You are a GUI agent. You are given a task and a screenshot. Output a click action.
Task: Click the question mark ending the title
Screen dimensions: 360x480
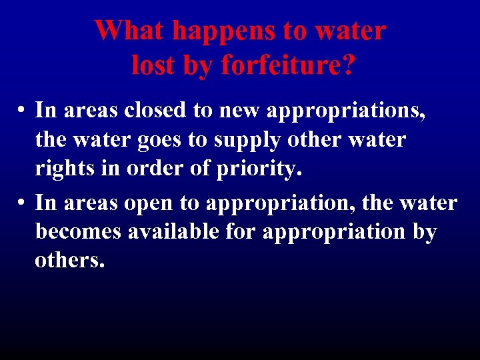pos(347,65)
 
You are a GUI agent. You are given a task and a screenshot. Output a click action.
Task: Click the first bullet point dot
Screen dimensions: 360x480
pos(22,110)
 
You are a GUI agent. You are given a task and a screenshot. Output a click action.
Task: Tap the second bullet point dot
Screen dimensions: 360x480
pos(22,203)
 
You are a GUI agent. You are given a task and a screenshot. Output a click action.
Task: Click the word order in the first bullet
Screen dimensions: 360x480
pos(151,171)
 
